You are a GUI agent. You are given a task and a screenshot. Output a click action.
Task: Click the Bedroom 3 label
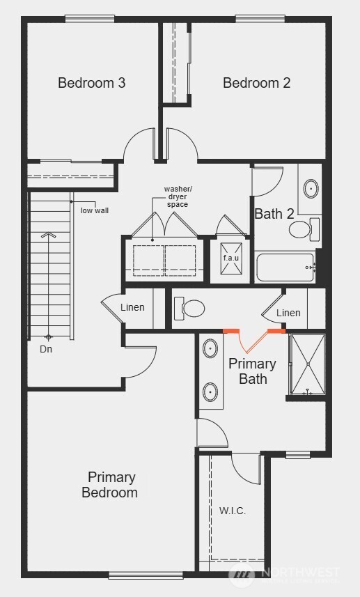[x=91, y=83]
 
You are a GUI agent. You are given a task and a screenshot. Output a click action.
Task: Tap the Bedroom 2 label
[x=256, y=83]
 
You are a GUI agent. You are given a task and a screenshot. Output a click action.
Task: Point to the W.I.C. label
[x=232, y=511]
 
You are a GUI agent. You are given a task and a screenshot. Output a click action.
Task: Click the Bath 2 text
[x=274, y=214]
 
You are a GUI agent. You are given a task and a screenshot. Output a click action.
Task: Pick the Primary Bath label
[x=252, y=371]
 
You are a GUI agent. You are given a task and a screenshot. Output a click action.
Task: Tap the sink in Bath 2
[x=310, y=187]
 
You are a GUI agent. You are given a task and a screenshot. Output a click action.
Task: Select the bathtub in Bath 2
[x=285, y=267]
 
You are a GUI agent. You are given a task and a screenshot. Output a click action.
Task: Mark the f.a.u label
[x=231, y=258]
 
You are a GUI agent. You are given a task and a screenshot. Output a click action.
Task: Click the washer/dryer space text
[x=176, y=196]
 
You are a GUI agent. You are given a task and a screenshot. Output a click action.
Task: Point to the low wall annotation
[x=95, y=210]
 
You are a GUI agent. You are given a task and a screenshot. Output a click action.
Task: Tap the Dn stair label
[x=46, y=349]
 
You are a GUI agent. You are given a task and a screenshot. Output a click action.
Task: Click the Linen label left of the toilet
[x=132, y=307]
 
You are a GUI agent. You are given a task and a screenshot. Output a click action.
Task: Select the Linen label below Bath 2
[x=288, y=313]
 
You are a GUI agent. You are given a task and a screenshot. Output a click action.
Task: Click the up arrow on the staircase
[x=48, y=235]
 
